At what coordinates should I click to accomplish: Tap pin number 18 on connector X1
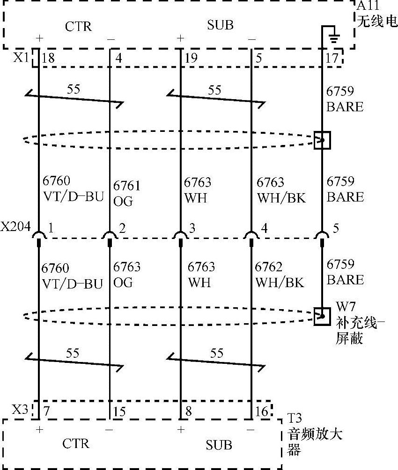[48, 58]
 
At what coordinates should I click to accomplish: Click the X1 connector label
[21, 58]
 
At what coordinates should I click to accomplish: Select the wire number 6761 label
[126, 186]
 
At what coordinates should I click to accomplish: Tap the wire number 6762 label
[269, 267]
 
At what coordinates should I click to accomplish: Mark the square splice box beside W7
[322, 316]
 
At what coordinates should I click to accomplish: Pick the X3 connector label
[19, 410]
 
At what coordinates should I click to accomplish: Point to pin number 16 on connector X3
[263, 412]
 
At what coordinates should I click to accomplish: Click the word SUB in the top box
[220, 25]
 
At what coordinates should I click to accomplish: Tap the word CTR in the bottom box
[76, 443]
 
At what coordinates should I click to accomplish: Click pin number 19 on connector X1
[191, 58]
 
